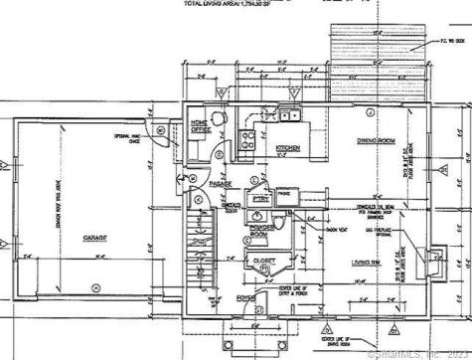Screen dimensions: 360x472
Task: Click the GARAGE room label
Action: click(x=94, y=239)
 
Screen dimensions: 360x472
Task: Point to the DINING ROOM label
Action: click(x=377, y=139)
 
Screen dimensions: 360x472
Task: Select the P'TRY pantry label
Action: click(x=261, y=200)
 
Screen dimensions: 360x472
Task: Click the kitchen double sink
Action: click(x=290, y=115)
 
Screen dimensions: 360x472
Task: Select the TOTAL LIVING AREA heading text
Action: click(x=208, y=4)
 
